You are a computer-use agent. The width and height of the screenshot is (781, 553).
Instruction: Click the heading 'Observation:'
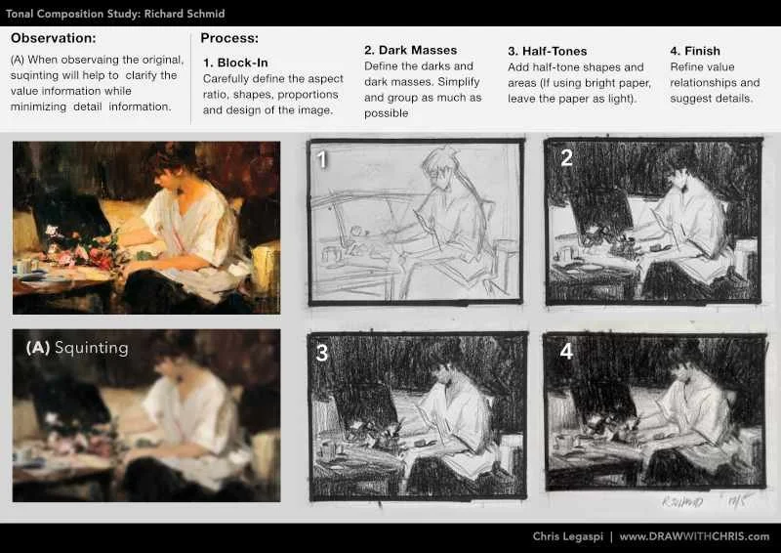[x=54, y=38]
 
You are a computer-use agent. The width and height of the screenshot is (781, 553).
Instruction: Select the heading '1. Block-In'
[x=235, y=63]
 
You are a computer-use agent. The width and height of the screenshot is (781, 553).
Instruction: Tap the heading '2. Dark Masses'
[x=410, y=51]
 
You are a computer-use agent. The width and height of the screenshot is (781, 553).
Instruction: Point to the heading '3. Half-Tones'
[x=548, y=51]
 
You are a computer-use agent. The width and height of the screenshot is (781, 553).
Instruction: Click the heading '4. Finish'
[x=695, y=51]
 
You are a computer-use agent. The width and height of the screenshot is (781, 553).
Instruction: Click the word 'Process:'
[x=229, y=38]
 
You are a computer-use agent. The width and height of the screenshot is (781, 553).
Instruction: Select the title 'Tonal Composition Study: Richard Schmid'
[x=115, y=14]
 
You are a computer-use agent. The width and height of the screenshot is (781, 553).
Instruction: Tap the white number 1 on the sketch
[x=322, y=159]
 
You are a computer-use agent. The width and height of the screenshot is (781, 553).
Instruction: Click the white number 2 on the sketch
[x=566, y=158]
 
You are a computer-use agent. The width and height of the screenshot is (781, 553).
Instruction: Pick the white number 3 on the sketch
[x=322, y=353]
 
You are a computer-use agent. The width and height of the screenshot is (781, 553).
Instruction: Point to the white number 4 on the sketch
[x=566, y=351]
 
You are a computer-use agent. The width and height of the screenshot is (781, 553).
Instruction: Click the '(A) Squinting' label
[x=77, y=348]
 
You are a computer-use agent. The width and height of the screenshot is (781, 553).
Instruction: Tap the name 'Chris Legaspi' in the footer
[x=568, y=536]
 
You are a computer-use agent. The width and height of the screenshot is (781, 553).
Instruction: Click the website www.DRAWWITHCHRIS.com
[x=694, y=536]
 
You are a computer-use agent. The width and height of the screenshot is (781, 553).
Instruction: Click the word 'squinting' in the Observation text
[x=32, y=76]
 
